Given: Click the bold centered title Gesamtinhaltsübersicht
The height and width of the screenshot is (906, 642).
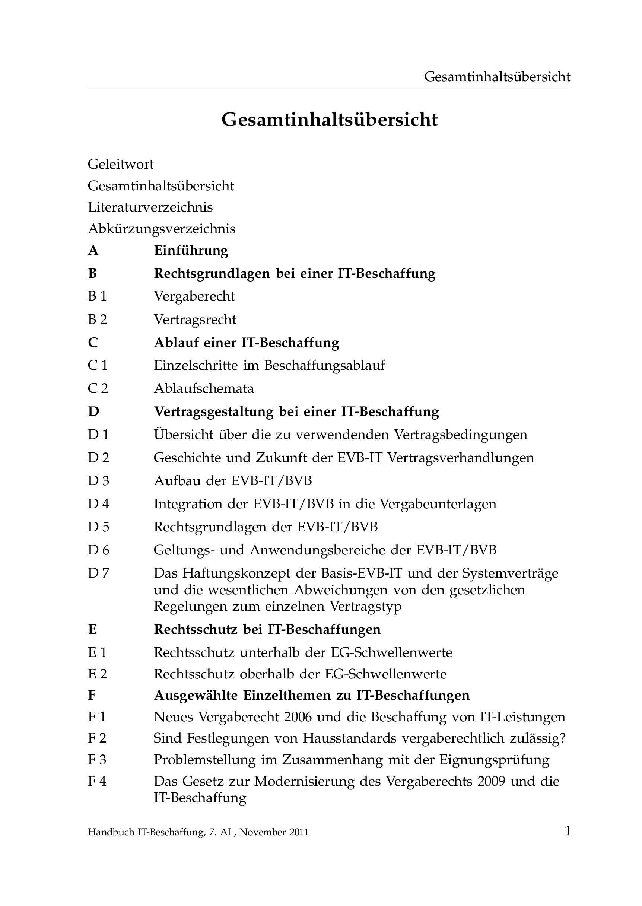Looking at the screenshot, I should pos(329,120).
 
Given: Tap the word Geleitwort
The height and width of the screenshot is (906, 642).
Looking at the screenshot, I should pos(121,164).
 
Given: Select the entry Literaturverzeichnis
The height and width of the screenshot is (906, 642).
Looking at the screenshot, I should pos(150,207).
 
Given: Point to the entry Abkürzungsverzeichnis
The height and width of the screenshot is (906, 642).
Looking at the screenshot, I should pos(161,229).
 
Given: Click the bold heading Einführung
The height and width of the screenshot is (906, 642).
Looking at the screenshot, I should pos(191,251).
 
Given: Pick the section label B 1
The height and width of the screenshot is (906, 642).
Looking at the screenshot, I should pos(97,296).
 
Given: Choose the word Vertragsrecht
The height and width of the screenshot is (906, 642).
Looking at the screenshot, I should pos(195,320).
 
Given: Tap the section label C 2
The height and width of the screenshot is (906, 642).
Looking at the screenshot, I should pos(98,388).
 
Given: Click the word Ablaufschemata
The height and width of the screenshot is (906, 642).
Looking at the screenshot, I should pos(204,388).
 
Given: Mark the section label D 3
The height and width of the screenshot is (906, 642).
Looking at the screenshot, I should pos(98,481).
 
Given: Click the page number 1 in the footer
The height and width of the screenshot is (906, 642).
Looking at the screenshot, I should pos(567,832).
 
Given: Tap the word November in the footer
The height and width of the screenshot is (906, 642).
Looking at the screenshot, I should pos(262,833).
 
